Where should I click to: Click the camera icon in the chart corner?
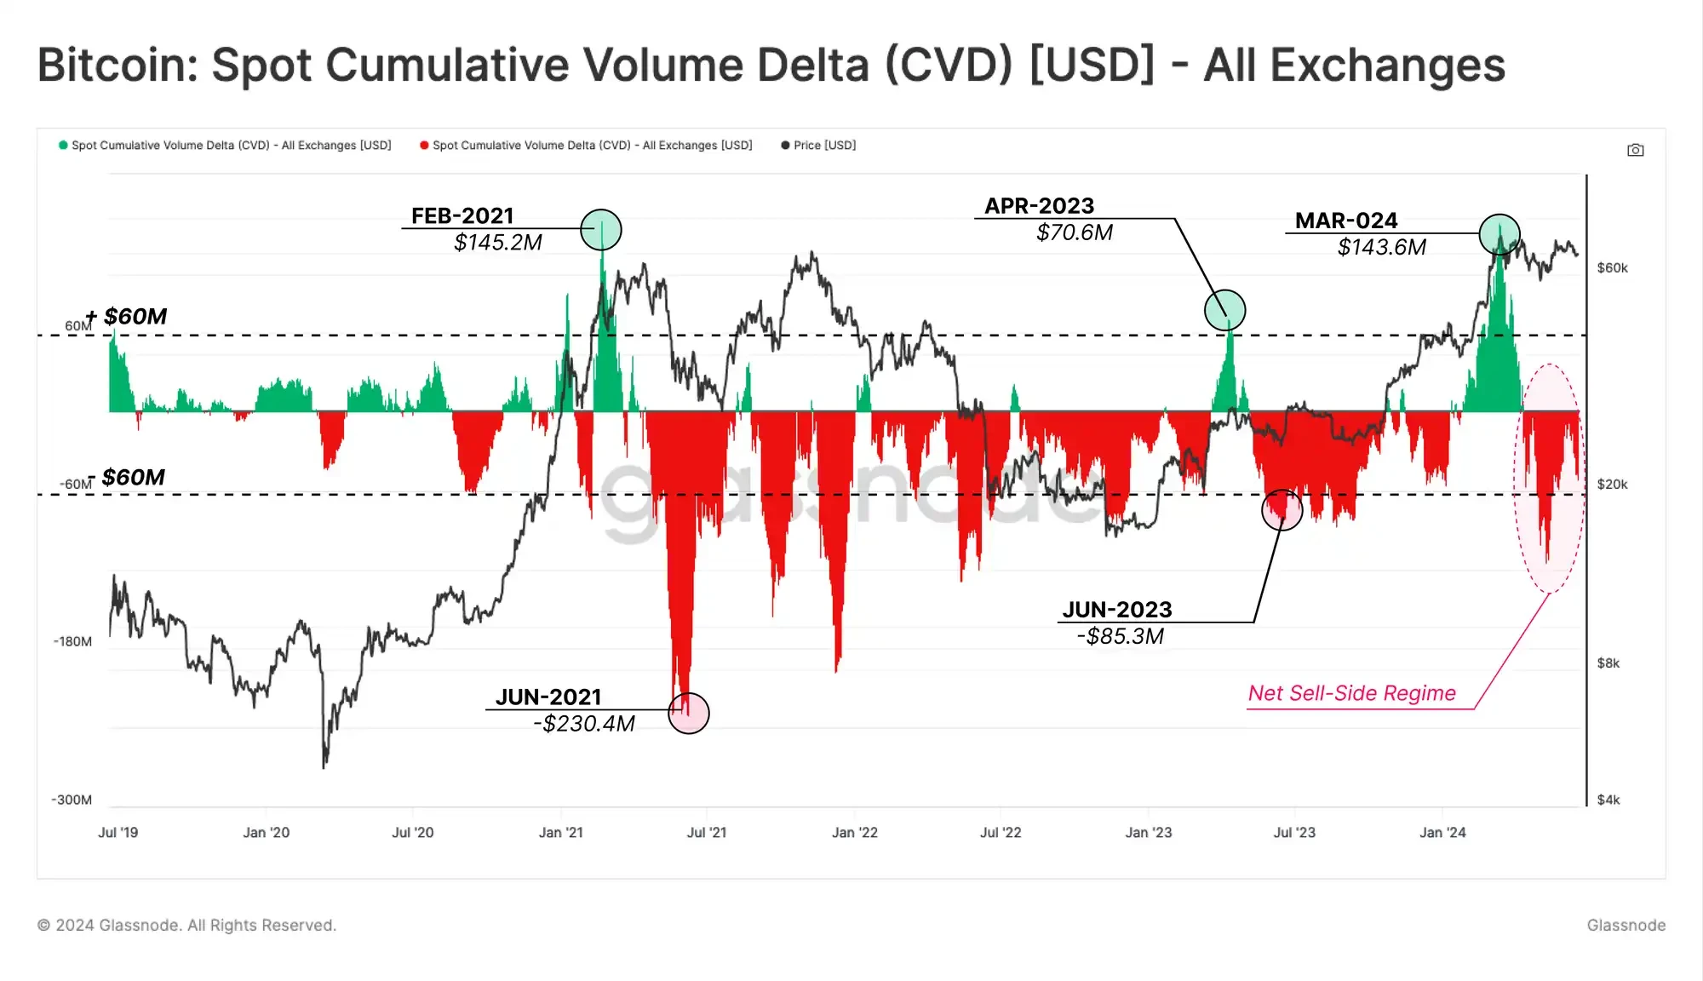tap(1635, 150)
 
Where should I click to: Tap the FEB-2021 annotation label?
tap(462, 215)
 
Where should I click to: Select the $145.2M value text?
tap(498, 243)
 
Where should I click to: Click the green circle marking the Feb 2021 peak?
tap(601, 230)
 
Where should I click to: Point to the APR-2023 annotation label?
tap(1039, 206)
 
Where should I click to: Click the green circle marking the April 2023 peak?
tap(1224, 310)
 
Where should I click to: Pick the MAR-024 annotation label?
tap(1346, 221)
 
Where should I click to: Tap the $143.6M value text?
tap(1381, 247)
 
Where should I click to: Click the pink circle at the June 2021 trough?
tap(689, 714)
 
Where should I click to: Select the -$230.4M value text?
tap(584, 724)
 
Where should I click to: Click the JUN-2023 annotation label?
tap(1117, 610)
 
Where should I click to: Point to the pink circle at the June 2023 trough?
tap(1282, 510)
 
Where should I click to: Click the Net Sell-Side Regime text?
tap(1351, 693)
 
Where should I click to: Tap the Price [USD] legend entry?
tap(818, 146)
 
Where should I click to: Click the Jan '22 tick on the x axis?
tap(854, 832)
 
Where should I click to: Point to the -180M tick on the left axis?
tap(72, 641)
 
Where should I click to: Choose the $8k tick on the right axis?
tap(1608, 663)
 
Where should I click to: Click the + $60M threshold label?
tap(127, 317)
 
